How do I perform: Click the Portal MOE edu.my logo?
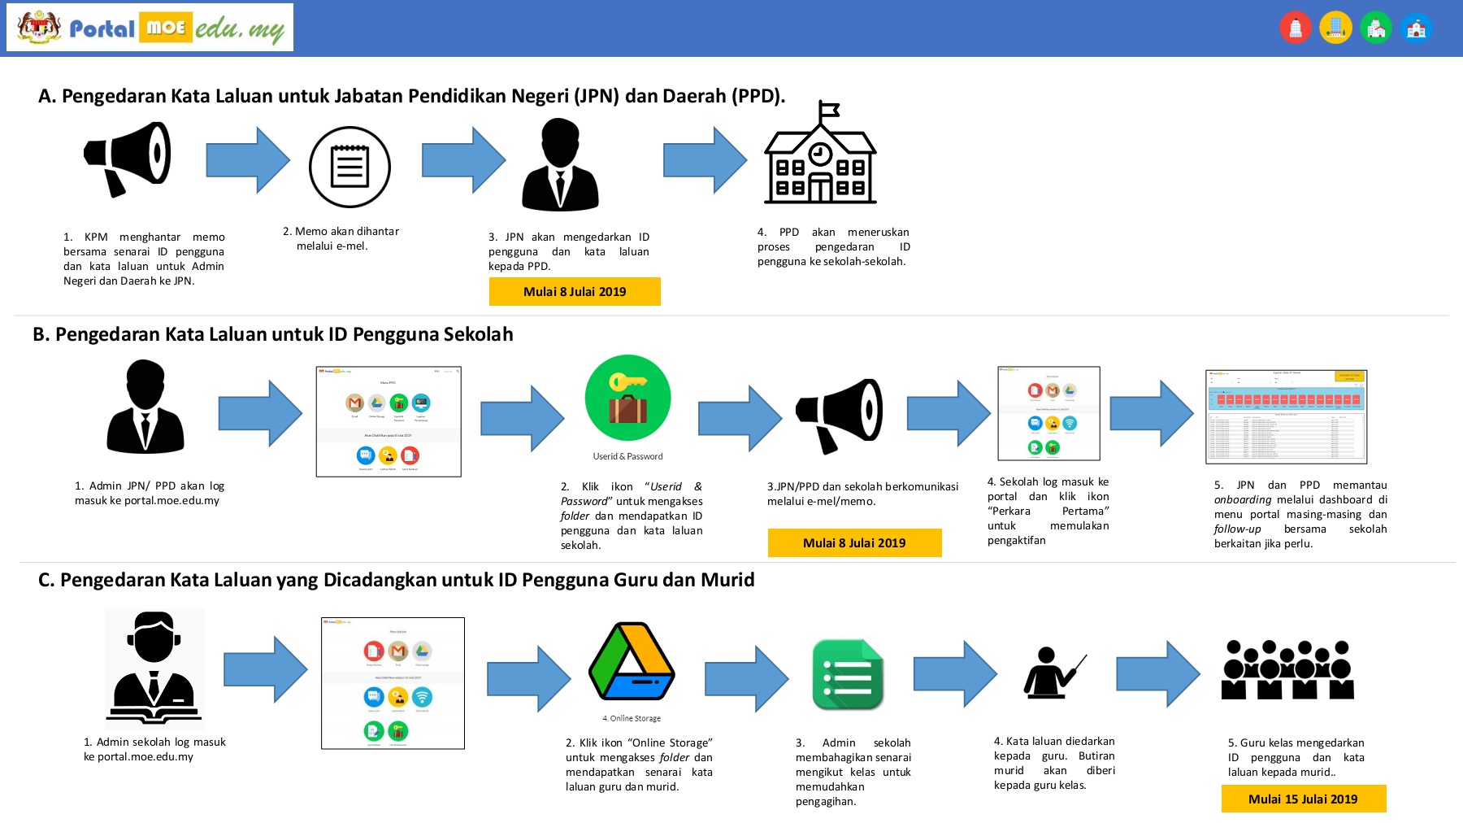[150, 28]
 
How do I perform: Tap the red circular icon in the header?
[1296, 28]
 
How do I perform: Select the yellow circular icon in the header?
[1335, 28]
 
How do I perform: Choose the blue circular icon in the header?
[1416, 28]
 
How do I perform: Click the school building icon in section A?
[820, 163]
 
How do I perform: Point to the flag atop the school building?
[828, 109]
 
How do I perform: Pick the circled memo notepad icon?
[349, 167]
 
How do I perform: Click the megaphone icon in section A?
[128, 159]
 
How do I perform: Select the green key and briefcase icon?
[627, 398]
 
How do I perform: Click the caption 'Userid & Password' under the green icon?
[627, 456]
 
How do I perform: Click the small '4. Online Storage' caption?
[632, 718]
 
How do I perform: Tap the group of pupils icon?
[1287, 670]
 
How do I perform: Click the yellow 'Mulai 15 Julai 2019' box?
[1303, 799]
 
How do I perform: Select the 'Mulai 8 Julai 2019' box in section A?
[575, 291]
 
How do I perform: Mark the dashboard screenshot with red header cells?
[1286, 416]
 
